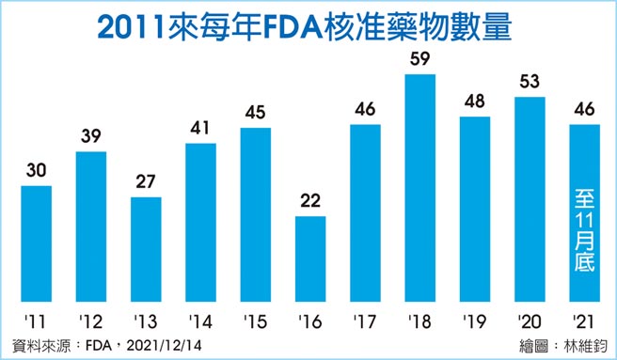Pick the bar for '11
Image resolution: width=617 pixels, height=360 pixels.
pos(37,242)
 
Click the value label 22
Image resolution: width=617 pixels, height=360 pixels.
pos(310,201)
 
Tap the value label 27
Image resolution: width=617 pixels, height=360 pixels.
pos(146,182)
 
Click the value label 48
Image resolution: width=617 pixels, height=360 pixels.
pos(475,102)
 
